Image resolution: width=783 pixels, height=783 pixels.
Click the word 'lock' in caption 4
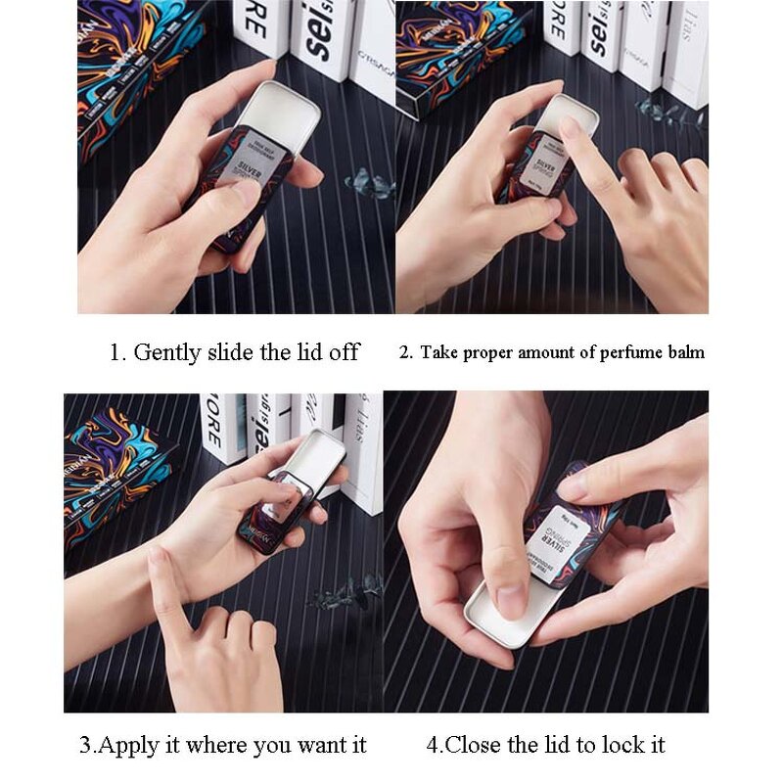point(616,746)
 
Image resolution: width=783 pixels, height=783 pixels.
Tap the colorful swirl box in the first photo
point(127,69)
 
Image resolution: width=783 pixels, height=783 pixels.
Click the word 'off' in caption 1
point(344,352)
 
